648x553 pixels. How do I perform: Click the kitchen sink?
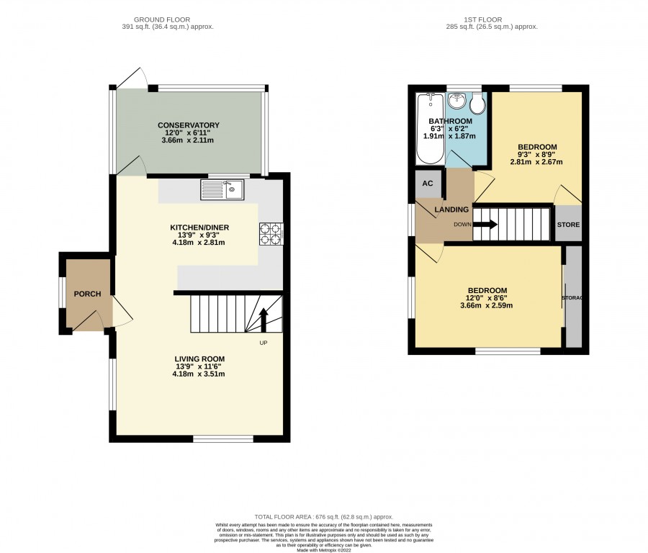(x=222, y=189)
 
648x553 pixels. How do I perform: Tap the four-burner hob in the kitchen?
(x=271, y=234)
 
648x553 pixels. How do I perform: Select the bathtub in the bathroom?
(x=431, y=129)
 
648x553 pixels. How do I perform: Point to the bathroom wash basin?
(x=457, y=101)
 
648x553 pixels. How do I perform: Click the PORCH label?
(x=87, y=294)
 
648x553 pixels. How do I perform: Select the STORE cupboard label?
(x=568, y=225)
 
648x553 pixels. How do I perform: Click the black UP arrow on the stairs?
(x=264, y=320)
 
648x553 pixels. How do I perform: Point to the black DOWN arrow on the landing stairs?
(x=485, y=225)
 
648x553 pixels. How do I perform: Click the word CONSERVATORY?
(x=189, y=125)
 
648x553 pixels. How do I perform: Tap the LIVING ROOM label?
(x=199, y=359)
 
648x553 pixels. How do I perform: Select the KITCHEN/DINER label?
(x=199, y=228)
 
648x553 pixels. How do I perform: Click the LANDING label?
(x=451, y=210)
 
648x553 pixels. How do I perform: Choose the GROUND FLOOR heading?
(x=162, y=19)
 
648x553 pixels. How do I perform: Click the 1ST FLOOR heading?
(x=482, y=19)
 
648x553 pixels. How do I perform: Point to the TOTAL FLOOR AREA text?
(x=323, y=516)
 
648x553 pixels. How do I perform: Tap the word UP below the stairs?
(x=264, y=343)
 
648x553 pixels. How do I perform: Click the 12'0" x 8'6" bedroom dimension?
(x=487, y=298)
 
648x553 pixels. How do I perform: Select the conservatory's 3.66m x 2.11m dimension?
(x=188, y=140)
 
